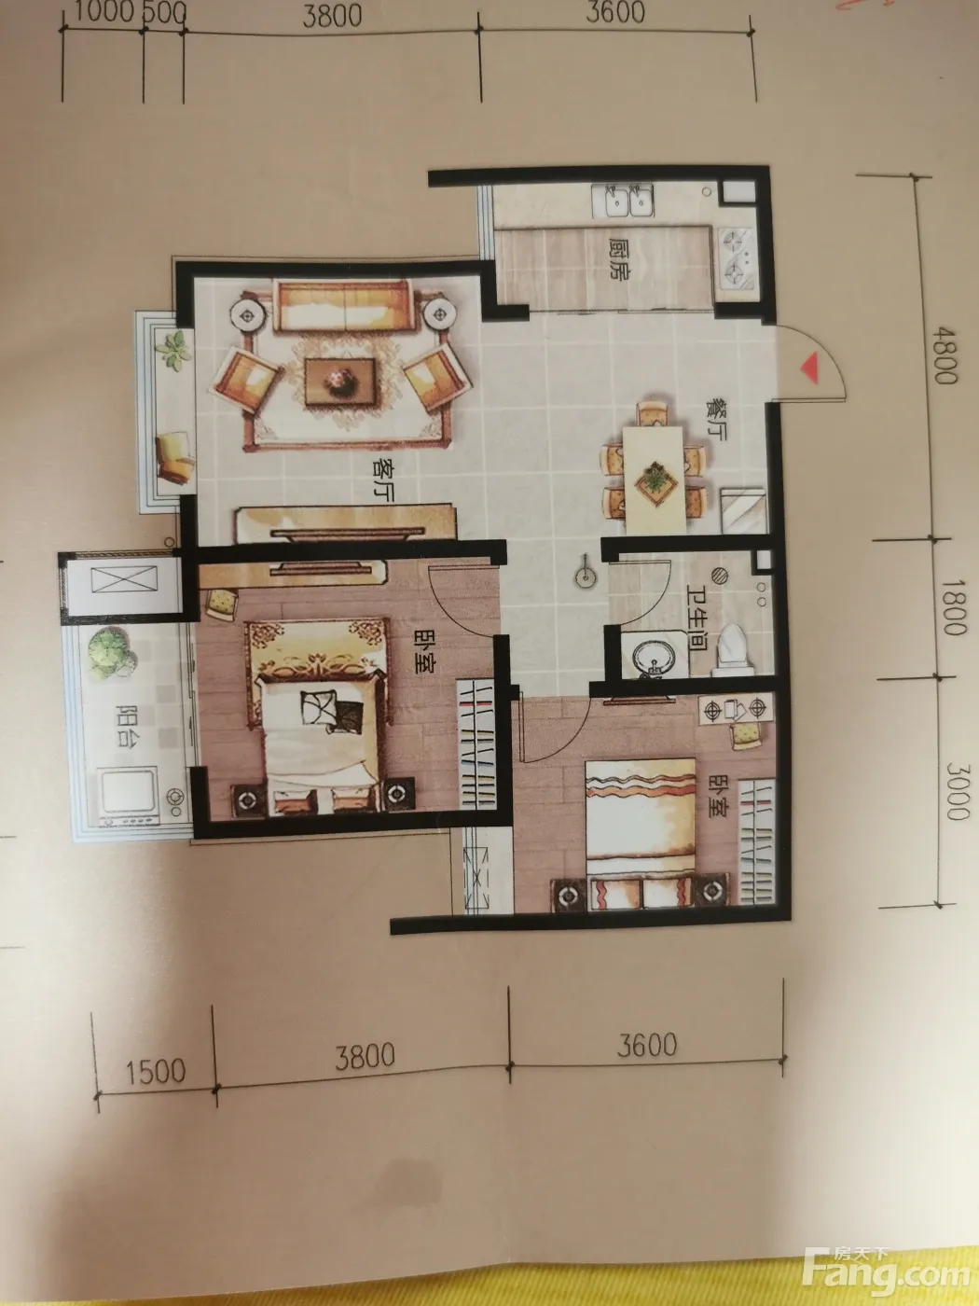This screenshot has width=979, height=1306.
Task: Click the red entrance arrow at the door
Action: point(810,368)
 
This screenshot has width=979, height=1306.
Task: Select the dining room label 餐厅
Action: point(715,420)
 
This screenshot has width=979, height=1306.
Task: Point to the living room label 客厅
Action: point(383,480)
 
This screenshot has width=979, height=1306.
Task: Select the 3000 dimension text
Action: point(957,791)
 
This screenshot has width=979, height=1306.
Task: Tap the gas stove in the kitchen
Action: point(738,257)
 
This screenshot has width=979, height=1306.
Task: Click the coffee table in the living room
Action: point(340,381)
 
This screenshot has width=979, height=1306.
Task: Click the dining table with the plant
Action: point(655,479)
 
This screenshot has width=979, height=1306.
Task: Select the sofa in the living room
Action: point(343,307)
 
